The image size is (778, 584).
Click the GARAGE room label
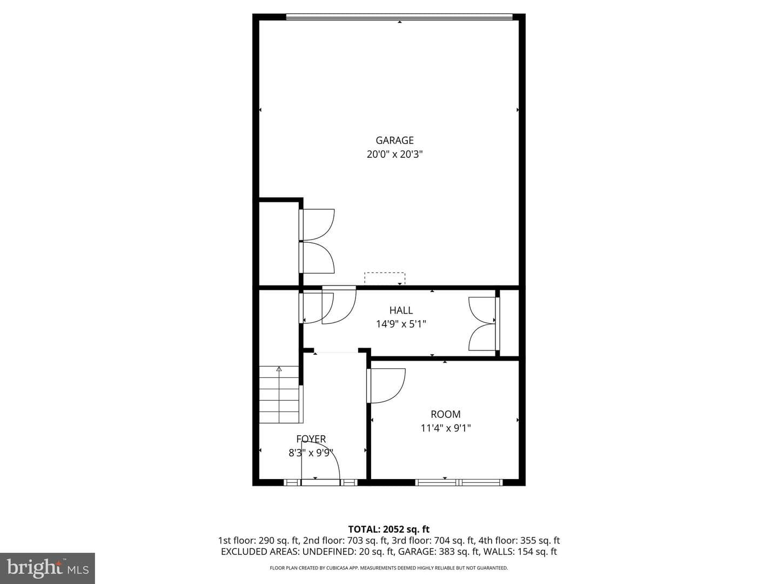coord(394,141)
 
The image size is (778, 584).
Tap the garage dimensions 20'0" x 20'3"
coord(394,154)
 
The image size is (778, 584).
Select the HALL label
coord(401,310)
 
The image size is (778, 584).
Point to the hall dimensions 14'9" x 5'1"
coord(401,324)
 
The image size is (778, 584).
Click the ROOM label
coord(446,414)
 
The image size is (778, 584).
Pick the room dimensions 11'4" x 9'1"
coord(446,428)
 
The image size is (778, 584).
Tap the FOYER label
coord(311,439)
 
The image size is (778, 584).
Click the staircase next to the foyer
coord(280,394)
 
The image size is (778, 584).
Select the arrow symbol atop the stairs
coord(279,369)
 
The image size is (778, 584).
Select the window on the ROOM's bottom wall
coord(459,482)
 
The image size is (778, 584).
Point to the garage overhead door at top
coord(399,17)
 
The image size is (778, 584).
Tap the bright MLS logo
coord(48,568)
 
